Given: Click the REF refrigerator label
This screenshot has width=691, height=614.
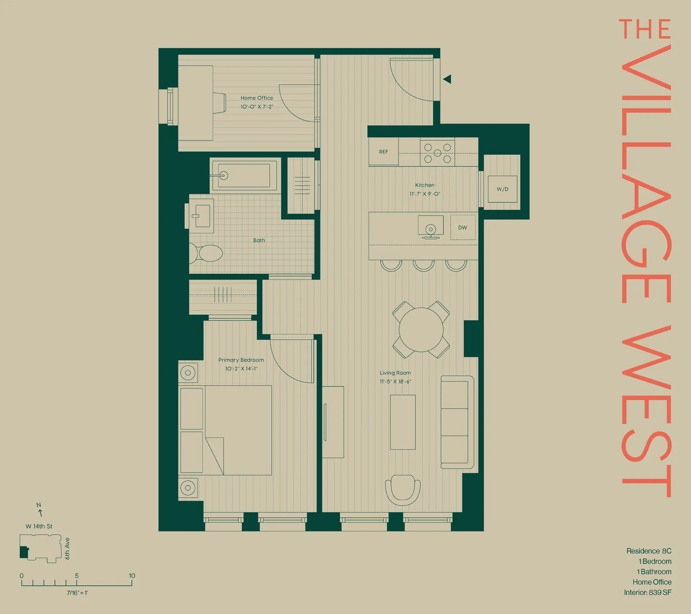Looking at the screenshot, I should coord(384,152).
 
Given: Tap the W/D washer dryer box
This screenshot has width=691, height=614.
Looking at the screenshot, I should coord(502,189).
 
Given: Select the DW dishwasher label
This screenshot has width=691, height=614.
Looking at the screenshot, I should coord(463,228).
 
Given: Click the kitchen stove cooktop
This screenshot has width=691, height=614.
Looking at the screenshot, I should coord(437,153).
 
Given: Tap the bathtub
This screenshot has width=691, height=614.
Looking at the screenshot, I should coord(244,175).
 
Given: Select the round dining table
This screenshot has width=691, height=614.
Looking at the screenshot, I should coord(421,329).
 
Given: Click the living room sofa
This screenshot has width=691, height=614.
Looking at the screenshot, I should coord(456,422).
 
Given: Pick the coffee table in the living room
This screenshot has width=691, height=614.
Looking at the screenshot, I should coord(403,422).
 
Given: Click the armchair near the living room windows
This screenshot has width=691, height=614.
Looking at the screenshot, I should coord(403,490).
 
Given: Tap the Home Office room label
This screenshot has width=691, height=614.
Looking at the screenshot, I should coord(257,98).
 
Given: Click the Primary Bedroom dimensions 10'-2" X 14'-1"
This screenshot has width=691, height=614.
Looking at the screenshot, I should coord(241,369).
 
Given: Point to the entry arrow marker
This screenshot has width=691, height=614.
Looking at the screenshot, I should coord(447,79).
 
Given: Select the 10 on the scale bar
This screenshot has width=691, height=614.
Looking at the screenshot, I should coord(132,576).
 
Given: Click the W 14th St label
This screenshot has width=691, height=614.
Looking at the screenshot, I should coord(39,526).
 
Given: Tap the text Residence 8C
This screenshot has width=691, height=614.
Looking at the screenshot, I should coord(649,551).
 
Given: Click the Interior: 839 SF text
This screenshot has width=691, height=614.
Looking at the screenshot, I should coord(647,592).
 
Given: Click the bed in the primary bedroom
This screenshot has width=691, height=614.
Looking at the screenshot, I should coord(238,430).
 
